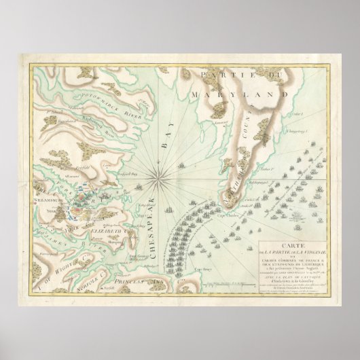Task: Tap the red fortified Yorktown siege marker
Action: coord(80,201)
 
